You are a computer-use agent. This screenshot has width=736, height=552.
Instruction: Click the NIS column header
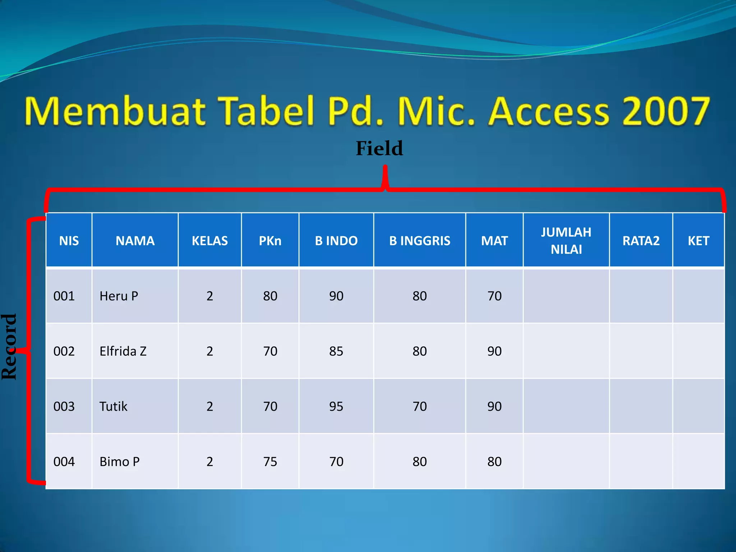69,240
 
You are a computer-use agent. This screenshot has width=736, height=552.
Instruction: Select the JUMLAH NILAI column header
566,240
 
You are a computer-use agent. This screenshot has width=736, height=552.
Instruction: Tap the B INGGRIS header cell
419,240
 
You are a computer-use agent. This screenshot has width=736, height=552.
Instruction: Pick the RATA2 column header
641,240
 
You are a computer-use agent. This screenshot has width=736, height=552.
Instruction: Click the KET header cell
698,240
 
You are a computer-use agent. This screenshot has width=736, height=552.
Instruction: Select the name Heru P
119,296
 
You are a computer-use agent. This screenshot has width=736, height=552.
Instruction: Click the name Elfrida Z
123,351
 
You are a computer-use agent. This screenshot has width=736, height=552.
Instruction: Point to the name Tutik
113,406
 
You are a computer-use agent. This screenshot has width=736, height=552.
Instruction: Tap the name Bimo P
119,461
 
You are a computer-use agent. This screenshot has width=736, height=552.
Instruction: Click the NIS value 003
64,406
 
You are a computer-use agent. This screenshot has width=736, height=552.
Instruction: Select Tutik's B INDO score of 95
336,406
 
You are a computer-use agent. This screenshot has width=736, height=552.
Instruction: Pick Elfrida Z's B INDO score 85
336,351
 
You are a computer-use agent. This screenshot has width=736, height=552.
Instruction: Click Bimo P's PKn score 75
270,461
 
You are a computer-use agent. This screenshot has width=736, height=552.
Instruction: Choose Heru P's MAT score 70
494,296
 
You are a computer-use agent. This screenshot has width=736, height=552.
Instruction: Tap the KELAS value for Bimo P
210,461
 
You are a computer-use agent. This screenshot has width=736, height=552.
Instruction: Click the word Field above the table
379,148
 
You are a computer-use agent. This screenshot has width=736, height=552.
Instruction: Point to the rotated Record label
9,346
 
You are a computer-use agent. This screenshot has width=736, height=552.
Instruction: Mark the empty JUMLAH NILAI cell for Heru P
566,296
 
